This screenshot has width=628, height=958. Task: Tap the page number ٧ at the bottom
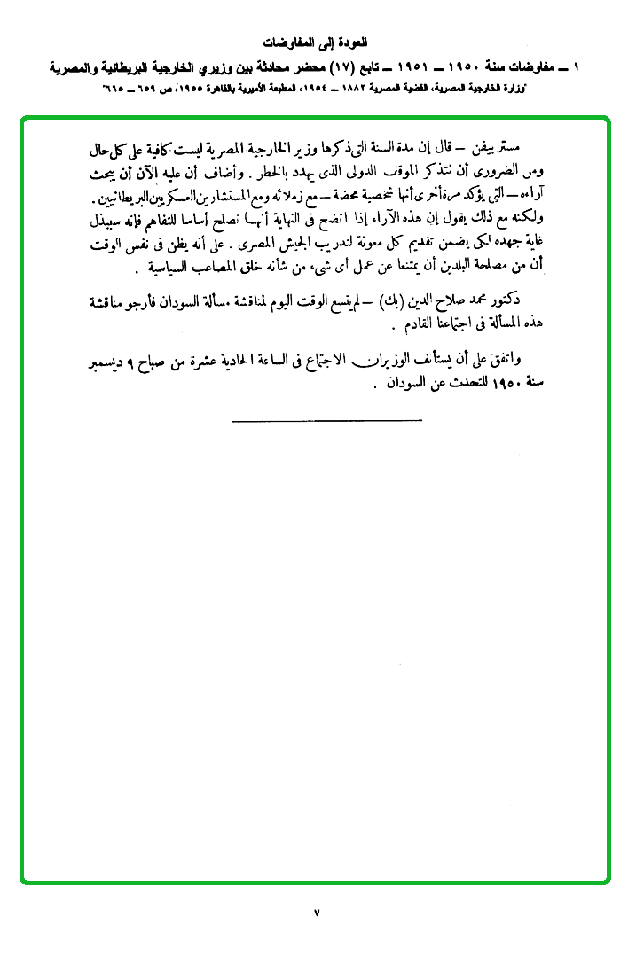click(316, 912)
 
